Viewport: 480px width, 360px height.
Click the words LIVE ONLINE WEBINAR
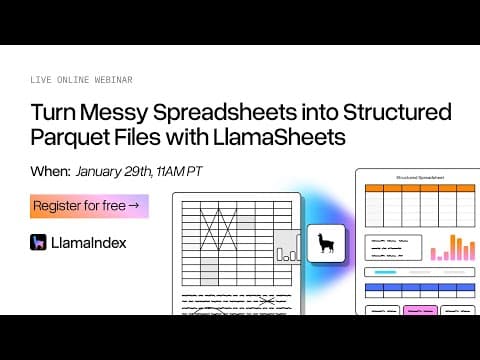coord(81,79)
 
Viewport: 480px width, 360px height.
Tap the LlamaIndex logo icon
coord(39,242)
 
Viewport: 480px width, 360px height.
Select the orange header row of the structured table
coord(419,187)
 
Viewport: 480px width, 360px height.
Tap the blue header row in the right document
coord(419,290)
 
